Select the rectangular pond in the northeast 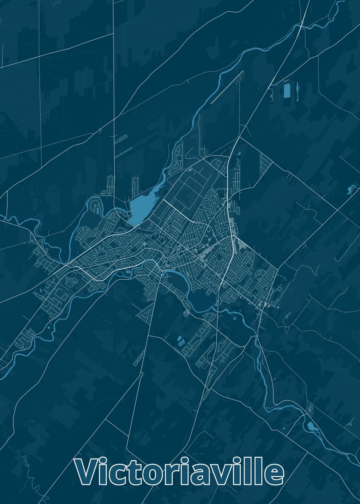click(x=287, y=91)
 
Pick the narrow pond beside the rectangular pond click(x=298, y=89)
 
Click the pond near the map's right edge click(x=351, y=189)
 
